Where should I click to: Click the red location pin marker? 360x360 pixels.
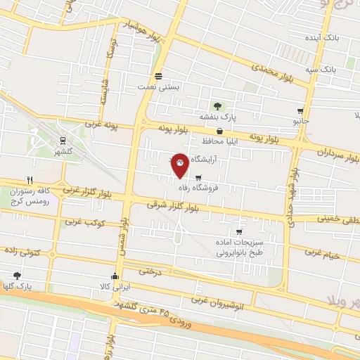[181, 164]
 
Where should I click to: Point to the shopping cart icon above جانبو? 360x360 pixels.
[301, 111]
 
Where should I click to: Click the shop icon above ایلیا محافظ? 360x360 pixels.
[220, 131]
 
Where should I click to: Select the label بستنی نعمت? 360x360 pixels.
[160, 87]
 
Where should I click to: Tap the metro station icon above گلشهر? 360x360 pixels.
[64, 141]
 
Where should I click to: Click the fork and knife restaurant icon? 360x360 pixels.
[29, 180]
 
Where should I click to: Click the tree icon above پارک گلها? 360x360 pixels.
[17, 276]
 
